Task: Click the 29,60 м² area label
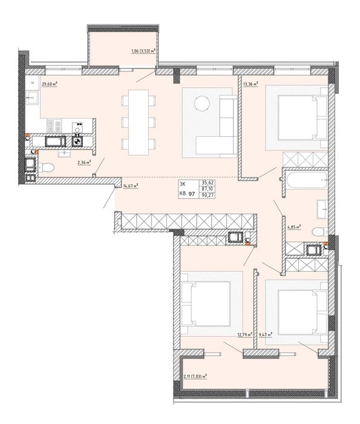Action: pyautogui.click(x=50, y=84)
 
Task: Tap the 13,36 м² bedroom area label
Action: pyautogui.click(x=250, y=84)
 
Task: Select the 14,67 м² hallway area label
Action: pyautogui.click(x=131, y=186)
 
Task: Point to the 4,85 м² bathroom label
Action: pyautogui.click(x=294, y=227)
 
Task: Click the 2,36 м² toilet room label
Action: pyautogui.click(x=84, y=162)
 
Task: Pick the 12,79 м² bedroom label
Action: pyautogui.click(x=245, y=335)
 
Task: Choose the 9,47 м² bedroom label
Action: pyautogui.click(x=266, y=335)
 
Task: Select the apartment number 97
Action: pyautogui.click(x=192, y=194)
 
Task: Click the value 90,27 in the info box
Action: pyautogui.click(x=207, y=194)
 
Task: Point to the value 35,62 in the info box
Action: pyautogui.click(x=207, y=183)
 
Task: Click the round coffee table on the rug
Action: pyautogui.click(x=202, y=104)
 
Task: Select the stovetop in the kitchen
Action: pyautogui.click(x=54, y=126)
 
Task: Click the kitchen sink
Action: pyautogui.click(x=33, y=98)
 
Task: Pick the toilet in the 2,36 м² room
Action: pyautogui.click(x=47, y=168)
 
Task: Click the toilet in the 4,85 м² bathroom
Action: pyautogui.click(x=319, y=232)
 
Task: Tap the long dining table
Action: pyautogui.click(x=139, y=122)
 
